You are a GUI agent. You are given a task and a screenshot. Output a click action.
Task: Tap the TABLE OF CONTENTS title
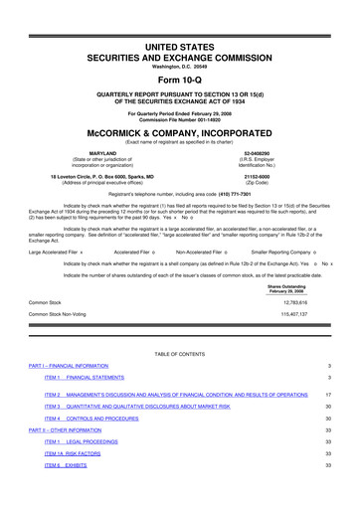coord(180,353)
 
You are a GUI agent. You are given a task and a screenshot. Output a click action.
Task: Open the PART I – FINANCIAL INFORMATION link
coord(69,367)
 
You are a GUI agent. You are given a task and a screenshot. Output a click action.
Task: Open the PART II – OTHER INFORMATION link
coord(65,429)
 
